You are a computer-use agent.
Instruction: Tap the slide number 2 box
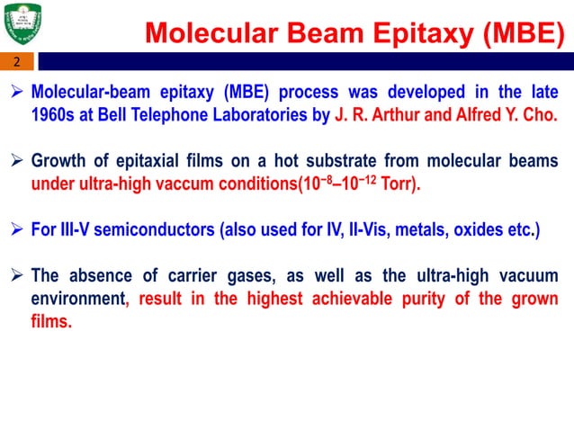[x=16, y=63]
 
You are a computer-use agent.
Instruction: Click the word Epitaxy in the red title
[x=399, y=34]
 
